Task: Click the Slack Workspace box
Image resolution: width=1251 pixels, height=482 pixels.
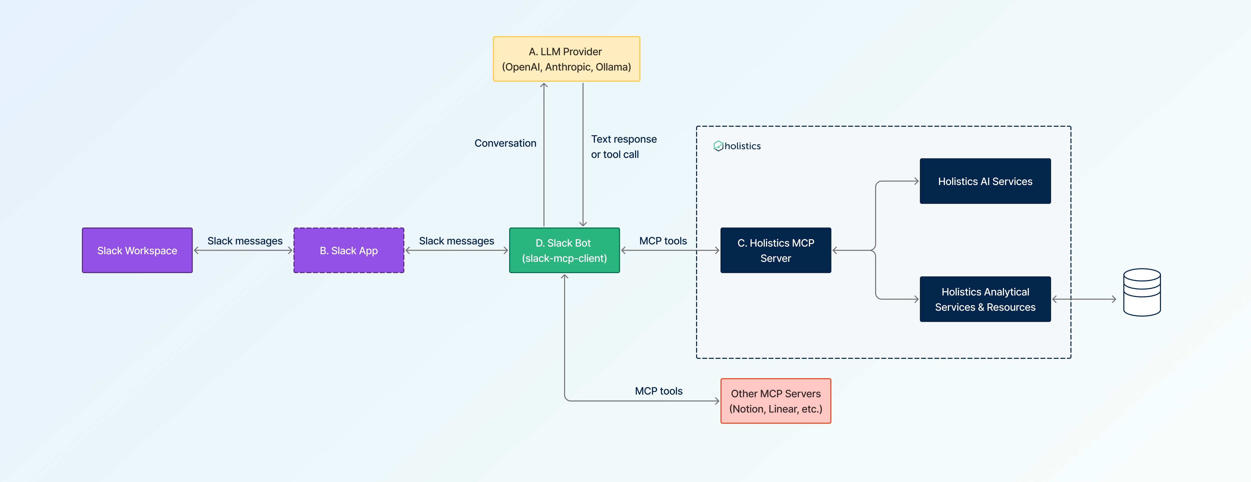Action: pos(137,250)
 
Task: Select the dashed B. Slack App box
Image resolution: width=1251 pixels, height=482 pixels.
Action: pos(349,250)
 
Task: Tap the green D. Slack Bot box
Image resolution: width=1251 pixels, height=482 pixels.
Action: pos(564,250)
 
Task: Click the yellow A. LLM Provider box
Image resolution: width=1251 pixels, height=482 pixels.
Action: pos(566,59)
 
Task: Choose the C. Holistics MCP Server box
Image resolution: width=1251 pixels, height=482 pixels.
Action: pos(776,250)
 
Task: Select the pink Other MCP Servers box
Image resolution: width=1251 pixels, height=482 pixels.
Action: pos(776,401)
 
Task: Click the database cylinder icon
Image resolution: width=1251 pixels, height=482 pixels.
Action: pos(1142,292)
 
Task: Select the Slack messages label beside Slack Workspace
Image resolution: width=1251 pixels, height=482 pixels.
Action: pos(245,241)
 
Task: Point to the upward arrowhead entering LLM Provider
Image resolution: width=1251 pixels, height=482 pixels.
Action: pos(544,86)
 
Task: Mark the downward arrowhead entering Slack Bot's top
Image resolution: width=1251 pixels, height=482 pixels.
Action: pos(583,223)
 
